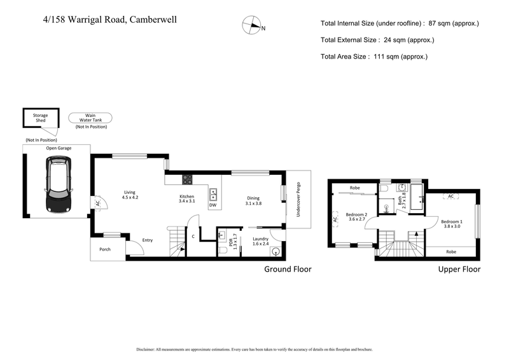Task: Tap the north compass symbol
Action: pos(253,27)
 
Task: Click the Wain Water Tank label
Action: pos(90,117)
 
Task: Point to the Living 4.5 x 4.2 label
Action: pos(130,194)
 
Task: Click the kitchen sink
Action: pos(214,193)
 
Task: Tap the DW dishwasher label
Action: pos(213,205)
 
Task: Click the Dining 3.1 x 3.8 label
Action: pos(253,200)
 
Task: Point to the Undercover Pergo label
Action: pos(298,200)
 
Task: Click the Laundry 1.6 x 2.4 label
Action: pos(261,241)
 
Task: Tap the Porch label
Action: pos(104,249)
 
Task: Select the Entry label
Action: pos(148,240)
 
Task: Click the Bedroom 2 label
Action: pos(356,218)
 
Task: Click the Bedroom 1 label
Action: pos(452,223)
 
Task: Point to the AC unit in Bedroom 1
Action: pos(450,197)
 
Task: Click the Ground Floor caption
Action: pos(288,269)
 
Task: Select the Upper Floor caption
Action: pos(459,269)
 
